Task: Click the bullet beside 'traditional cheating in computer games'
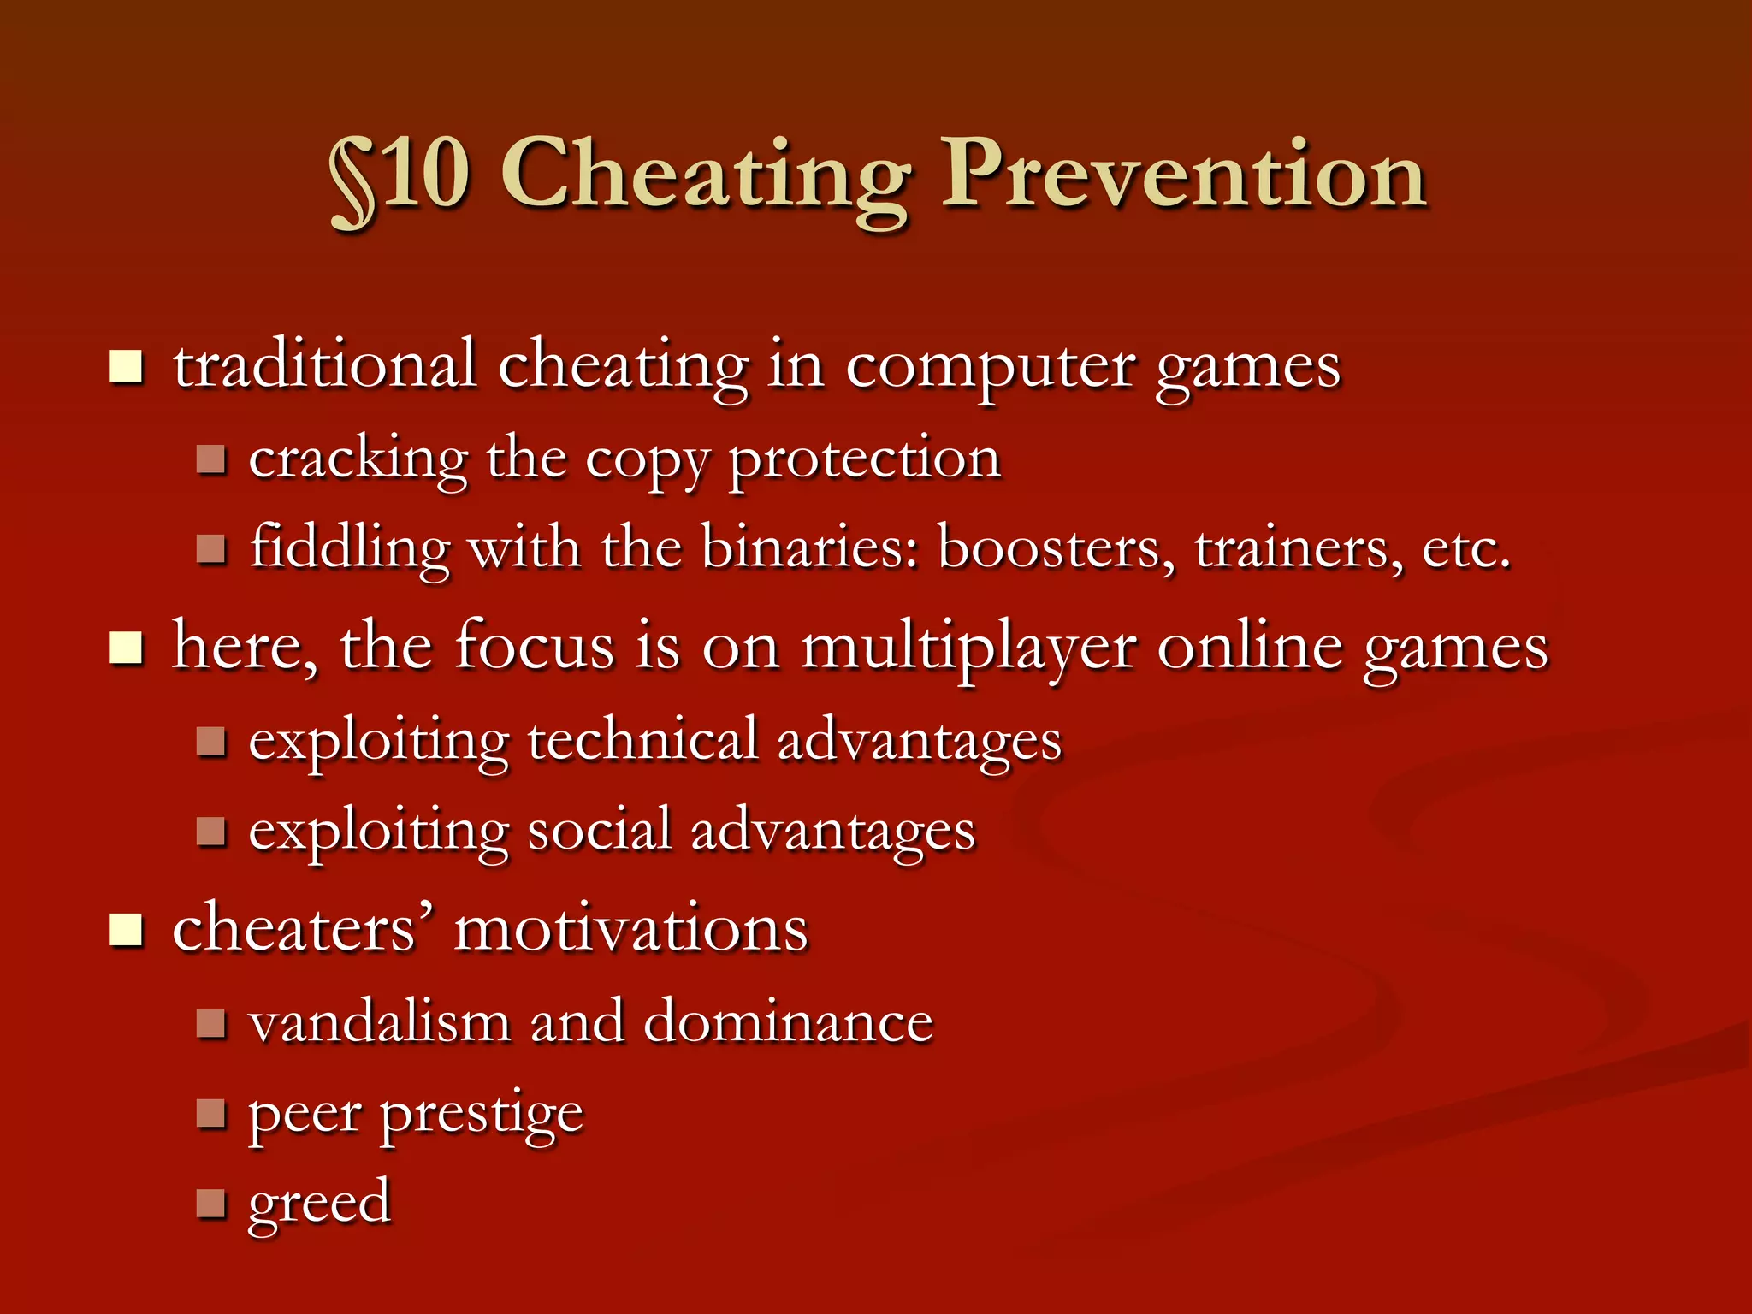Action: pyautogui.click(x=127, y=367)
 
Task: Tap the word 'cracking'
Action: pyautogui.click(x=358, y=460)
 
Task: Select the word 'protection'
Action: pyautogui.click(x=864, y=460)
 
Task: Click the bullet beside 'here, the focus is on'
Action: pyautogui.click(x=127, y=648)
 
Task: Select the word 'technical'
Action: pyautogui.click(x=642, y=741)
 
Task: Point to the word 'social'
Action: pyautogui.click(x=599, y=831)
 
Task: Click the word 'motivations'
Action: pyautogui.click(x=630, y=929)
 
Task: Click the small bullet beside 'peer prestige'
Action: pyautogui.click(x=210, y=1114)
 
